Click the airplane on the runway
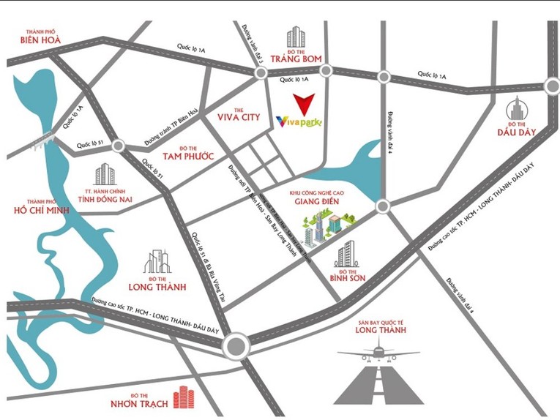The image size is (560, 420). [x=378, y=355]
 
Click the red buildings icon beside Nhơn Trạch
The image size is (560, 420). [x=184, y=398]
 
